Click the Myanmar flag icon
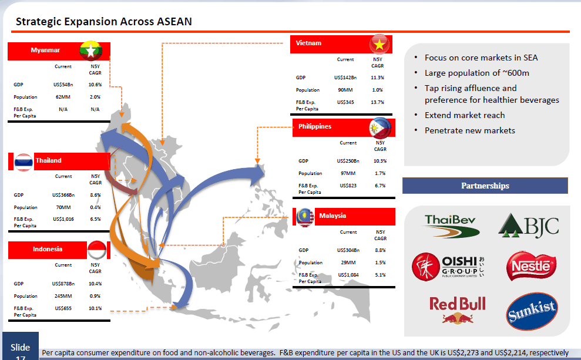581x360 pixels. coord(91,51)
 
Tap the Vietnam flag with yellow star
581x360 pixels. coord(380,45)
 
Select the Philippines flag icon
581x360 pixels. coord(380,128)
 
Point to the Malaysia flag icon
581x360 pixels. coord(305,217)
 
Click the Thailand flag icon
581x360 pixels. coord(23,162)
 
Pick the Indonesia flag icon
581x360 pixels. coord(97,250)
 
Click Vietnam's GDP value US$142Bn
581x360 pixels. coord(345,78)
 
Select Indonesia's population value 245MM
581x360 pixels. coord(63,297)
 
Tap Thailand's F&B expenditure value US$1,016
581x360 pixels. coord(63,219)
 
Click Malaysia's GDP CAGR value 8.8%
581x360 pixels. coord(380,250)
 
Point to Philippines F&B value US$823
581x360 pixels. coord(348,186)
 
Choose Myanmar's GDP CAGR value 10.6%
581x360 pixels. coord(95,85)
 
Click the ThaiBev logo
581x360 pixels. coord(452,226)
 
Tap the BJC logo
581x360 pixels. coord(529,225)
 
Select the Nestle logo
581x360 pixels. coord(531,266)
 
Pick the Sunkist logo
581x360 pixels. coord(532,311)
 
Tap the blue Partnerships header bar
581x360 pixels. coord(485,186)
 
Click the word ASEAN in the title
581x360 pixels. coord(174,22)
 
